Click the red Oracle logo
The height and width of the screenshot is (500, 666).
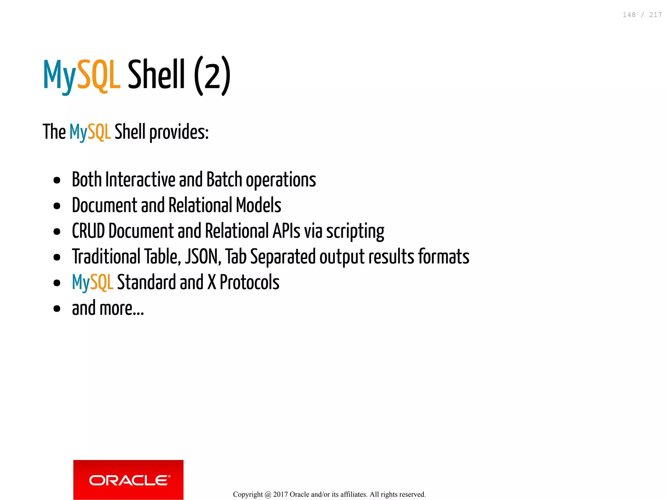tap(128, 480)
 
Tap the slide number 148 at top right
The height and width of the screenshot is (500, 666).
tap(629, 15)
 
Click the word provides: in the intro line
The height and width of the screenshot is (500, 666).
tap(179, 132)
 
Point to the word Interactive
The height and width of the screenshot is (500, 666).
tap(140, 180)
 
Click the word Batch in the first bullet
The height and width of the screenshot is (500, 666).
tap(224, 180)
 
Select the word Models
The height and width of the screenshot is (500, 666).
tap(259, 205)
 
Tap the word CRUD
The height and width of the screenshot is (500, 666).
tap(88, 231)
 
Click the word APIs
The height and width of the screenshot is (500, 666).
tap(286, 231)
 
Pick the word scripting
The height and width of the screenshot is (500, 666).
tap(355, 232)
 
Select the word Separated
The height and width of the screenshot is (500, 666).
tap(283, 257)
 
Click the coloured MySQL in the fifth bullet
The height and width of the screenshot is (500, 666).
tap(93, 282)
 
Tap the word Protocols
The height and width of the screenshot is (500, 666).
tap(249, 282)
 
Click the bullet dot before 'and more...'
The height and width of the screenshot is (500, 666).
tap(57, 308)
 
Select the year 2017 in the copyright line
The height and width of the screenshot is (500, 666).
tap(280, 494)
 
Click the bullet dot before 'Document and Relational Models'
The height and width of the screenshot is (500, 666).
tap(57, 206)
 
